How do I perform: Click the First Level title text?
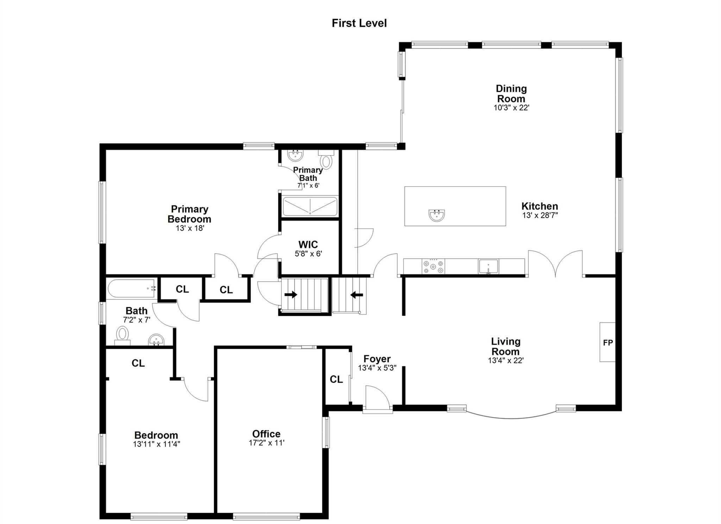pos(359,23)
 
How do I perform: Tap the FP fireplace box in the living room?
pos(607,342)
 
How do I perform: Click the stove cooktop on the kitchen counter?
pos(433,266)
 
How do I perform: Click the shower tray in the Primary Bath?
pos(310,207)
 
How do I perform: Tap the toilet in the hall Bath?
pos(123,334)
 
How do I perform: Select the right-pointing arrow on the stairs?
pos(290,295)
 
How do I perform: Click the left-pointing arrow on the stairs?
pos(356,295)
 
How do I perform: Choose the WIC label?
pos(308,245)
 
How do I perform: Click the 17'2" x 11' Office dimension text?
pos(267,443)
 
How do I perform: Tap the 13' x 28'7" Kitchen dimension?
pos(540,215)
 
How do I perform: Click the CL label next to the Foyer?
pos(336,379)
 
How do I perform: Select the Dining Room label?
pos(511,94)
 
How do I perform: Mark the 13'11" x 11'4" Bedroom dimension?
pos(156,444)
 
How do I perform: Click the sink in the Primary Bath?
pos(295,155)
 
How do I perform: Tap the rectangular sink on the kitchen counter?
pos(488,266)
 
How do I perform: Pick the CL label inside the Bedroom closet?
pos(138,363)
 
